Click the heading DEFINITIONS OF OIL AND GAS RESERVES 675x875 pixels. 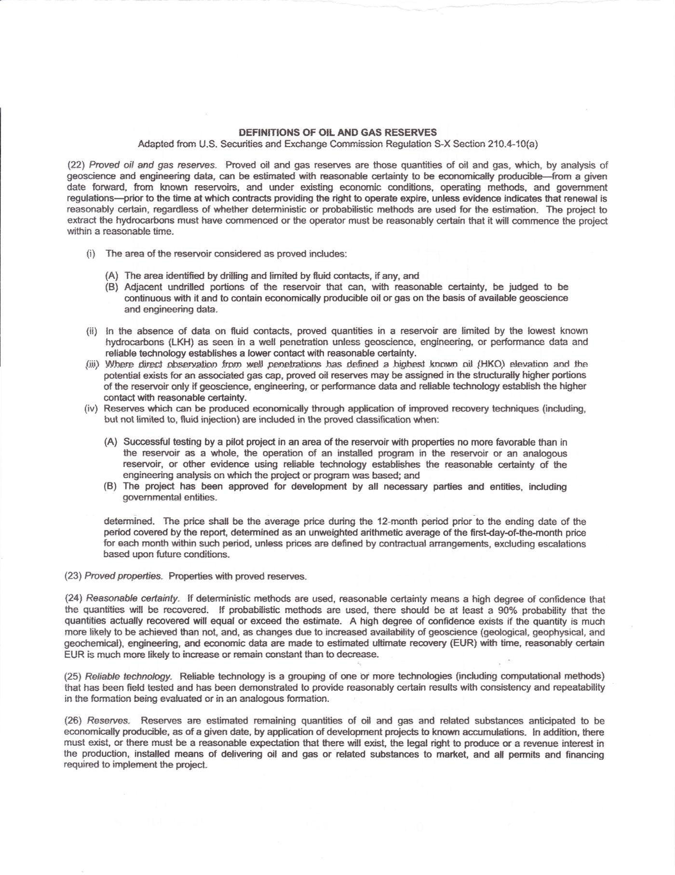(337, 132)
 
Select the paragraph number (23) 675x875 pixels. (73, 576)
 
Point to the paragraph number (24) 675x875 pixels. (74, 599)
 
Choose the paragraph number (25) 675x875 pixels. (74, 676)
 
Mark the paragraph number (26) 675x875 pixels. (74, 721)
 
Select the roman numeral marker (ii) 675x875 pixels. (92, 331)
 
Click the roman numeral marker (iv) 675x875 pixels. (92, 409)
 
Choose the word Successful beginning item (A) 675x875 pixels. (147, 442)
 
